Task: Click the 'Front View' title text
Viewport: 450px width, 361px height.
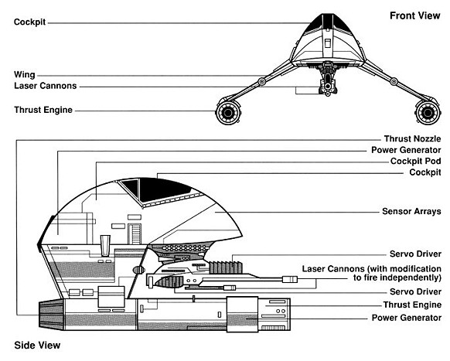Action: point(414,15)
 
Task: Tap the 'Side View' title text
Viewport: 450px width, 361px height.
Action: point(37,346)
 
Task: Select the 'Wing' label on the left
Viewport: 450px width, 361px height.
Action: point(25,75)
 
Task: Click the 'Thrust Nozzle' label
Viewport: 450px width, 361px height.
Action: point(412,139)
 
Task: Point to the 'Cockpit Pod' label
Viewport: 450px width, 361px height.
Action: point(415,162)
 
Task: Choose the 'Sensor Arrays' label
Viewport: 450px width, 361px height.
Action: point(411,212)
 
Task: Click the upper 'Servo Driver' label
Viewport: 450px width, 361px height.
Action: point(415,254)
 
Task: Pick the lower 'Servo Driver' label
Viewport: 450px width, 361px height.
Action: point(415,292)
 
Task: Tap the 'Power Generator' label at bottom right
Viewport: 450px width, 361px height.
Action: point(407,318)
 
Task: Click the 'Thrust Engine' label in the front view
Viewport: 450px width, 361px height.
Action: point(43,110)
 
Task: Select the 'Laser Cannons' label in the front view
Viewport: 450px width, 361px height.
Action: point(46,86)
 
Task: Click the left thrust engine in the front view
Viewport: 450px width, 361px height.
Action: point(228,112)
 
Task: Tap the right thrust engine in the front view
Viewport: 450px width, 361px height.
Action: point(428,112)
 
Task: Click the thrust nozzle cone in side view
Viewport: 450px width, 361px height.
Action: point(51,315)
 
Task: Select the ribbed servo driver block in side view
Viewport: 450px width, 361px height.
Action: point(226,267)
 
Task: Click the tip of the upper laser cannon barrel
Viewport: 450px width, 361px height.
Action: point(297,279)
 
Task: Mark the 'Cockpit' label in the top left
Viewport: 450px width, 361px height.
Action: point(29,22)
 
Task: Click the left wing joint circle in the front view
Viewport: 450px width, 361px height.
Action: point(262,81)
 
